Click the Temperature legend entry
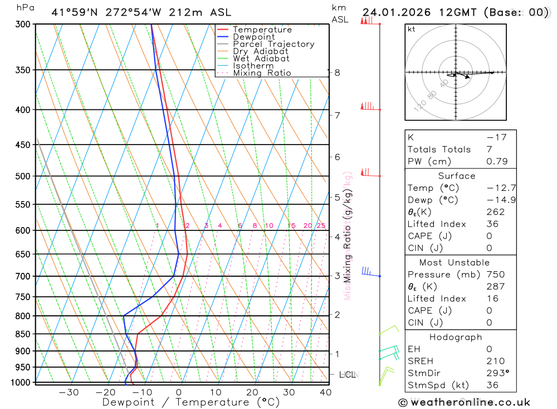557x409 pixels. click(x=262, y=30)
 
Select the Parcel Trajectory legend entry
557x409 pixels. click(x=273, y=44)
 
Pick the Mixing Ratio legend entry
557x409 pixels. click(x=262, y=73)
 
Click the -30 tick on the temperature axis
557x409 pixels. click(x=69, y=392)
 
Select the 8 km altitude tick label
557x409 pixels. click(x=337, y=73)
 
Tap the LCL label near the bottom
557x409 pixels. click(x=347, y=375)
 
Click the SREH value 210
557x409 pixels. click(x=495, y=362)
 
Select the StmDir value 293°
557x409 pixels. click(x=497, y=373)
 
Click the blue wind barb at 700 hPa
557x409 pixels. click(x=368, y=272)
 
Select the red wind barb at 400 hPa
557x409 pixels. click(x=368, y=106)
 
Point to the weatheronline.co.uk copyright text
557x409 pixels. click(x=464, y=402)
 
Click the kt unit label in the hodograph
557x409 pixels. click(x=411, y=29)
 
